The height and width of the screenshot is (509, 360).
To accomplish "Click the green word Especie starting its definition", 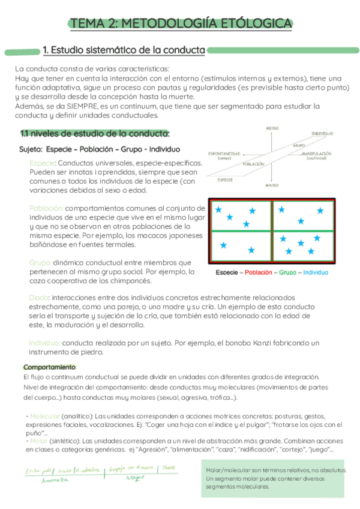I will click(x=42, y=163).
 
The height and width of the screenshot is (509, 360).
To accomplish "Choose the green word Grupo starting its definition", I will click(x=40, y=263).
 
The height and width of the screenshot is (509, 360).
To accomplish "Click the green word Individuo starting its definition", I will click(x=44, y=343).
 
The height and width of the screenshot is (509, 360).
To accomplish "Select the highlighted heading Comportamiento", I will click(x=49, y=367).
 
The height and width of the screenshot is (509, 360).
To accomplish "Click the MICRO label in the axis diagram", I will click(x=272, y=128).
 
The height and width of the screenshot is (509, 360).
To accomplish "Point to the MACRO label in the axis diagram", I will click(x=272, y=185).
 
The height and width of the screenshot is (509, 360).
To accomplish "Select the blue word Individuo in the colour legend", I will click(x=316, y=273).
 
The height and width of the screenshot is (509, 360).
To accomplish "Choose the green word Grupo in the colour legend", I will click(x=288, y=273).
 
